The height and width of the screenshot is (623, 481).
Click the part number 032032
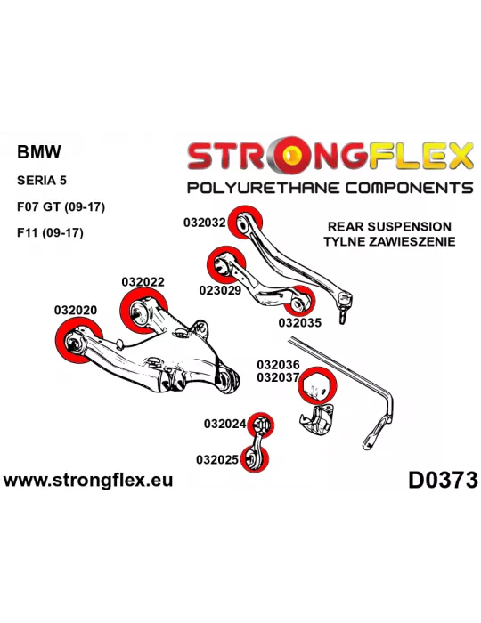click(204, 222)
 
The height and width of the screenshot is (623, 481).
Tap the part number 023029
click(220, 290)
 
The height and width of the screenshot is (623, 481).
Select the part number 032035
click(299, 322)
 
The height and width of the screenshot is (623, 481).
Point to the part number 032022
click(143, 282)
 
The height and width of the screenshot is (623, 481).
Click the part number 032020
click(76, 310)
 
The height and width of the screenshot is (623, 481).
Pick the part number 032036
click(278, 364)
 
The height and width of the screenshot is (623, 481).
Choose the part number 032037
click(278, 377)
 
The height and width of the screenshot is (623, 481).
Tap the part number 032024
click(225, 424)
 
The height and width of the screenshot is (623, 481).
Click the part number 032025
click(217, 460)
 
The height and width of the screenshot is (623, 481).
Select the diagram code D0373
click(443, 480)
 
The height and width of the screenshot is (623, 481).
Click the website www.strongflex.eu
click(88, 480)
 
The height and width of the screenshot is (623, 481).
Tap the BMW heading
click(39, 152)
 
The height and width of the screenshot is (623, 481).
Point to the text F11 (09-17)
click(50, 232)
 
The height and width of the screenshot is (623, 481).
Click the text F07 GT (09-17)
click(61, 207)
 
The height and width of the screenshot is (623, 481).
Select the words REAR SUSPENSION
click(389, 226)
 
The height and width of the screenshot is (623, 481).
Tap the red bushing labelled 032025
click(255, 459)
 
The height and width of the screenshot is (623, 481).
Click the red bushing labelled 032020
click(77, 341)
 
